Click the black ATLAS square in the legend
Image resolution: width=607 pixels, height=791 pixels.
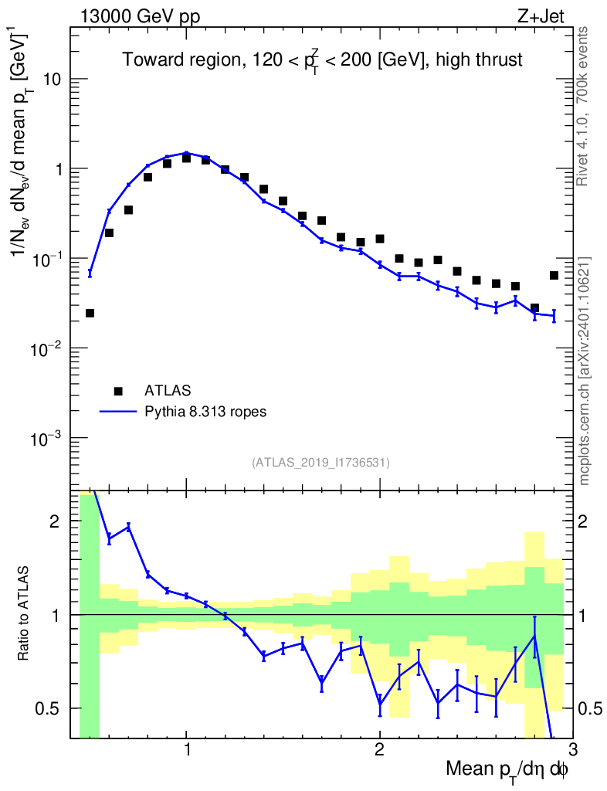(x=118, y=390)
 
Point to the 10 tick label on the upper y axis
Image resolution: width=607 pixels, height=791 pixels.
(x=53, y=80)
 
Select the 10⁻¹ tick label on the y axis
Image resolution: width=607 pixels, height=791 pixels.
(x=48, y=258)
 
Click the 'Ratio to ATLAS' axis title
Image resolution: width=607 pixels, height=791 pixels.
(x=25, y=614)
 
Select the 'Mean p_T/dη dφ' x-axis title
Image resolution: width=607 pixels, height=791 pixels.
(x=507, y=770)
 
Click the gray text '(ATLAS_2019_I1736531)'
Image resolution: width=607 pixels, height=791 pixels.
(x=320, y=463)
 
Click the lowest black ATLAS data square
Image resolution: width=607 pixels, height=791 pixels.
(x=90, y=313)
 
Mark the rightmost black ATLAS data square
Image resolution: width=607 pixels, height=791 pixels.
(x=554, y=275)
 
